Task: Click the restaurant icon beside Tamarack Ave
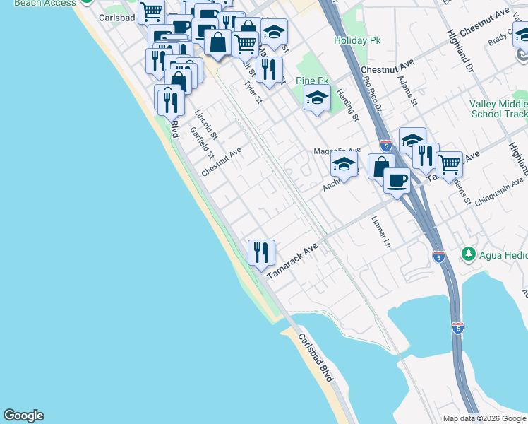[x=261, y=252]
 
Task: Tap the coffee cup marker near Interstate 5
[x=397, y=180]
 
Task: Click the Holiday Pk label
[x=357, y=40]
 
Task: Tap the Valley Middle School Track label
[x=498, y=109]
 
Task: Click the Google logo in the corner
[x=23, y=416]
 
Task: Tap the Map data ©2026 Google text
[x=484, y=418]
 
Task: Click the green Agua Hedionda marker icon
[x=467, y=253]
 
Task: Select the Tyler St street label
[x=253, y=93]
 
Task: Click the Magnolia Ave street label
[x=337, y=151]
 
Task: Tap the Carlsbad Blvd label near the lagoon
[x=316, y=367]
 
